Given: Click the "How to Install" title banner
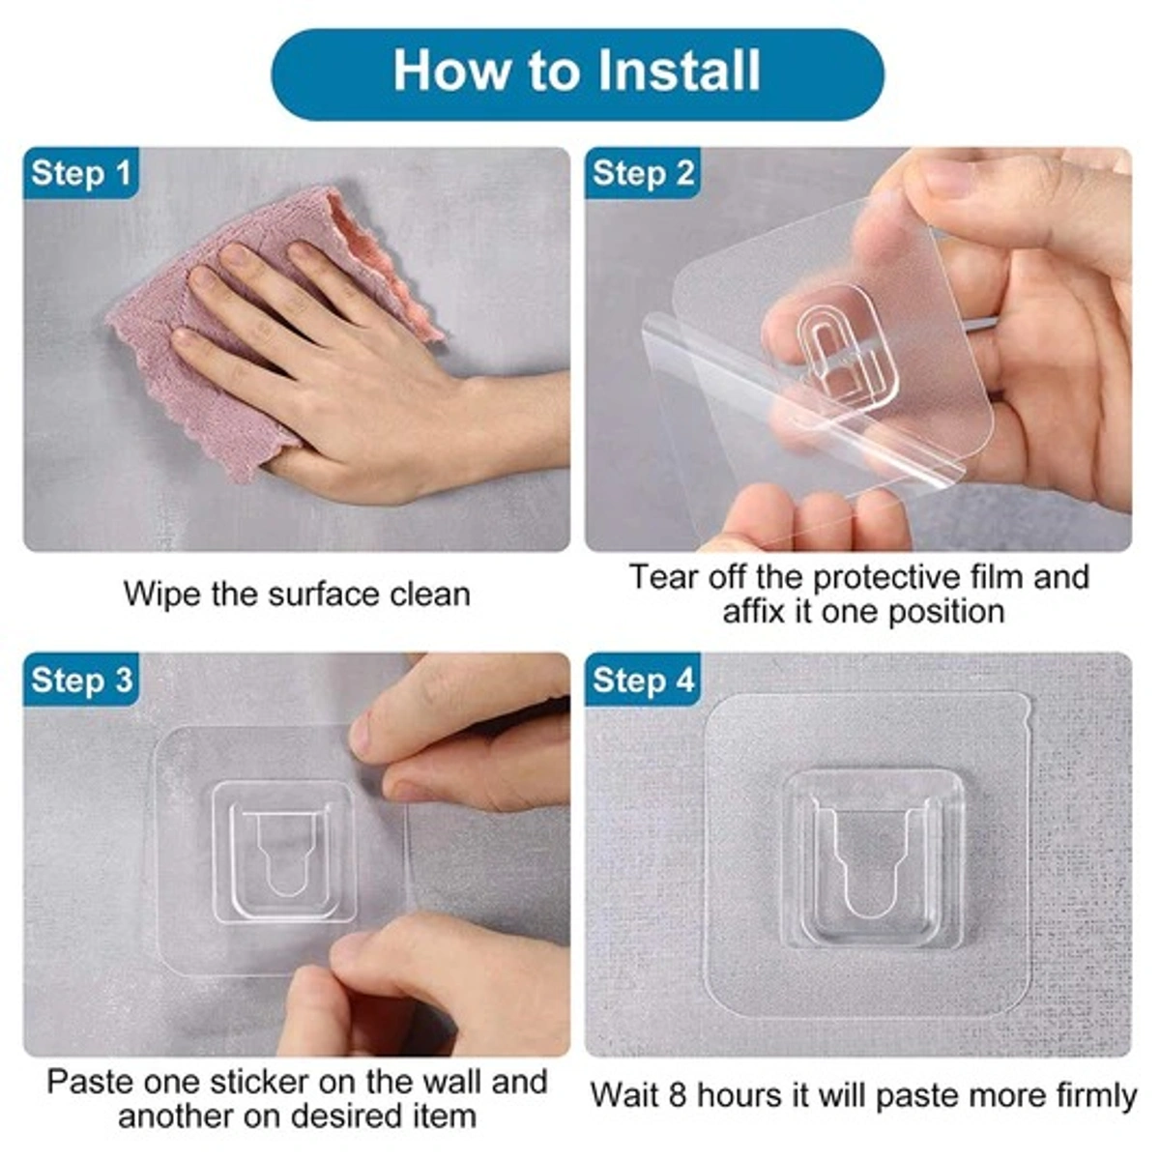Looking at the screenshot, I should tap(577, 73).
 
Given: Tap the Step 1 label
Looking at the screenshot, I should tap(81, 174).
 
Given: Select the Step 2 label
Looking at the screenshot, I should tap(643, 174).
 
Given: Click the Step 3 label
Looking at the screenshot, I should tap(81, 680).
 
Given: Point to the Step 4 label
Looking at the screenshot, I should tap(643, 680).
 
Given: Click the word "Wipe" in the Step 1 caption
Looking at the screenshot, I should tap(161, 594).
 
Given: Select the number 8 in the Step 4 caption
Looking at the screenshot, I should tap(677, 1096).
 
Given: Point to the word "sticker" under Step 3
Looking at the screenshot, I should tap(261, 1081).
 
